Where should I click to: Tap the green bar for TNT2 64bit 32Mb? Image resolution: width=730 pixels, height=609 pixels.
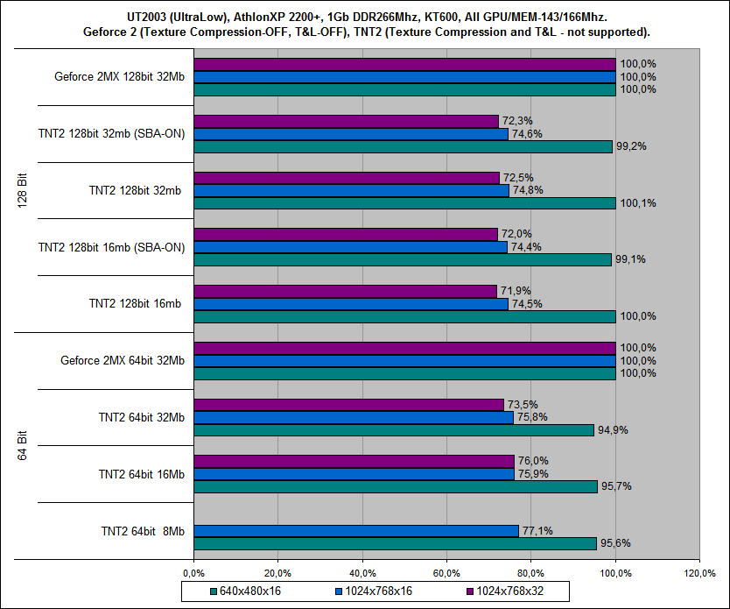tap(393, 430)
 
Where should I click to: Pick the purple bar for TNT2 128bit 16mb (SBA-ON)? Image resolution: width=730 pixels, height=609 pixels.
tap(345, 234)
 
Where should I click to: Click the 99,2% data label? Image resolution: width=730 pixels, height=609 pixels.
tap(630, 146)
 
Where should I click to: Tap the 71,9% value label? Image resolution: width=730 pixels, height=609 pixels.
tap(515, 291)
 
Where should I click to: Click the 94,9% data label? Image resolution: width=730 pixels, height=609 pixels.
tap(612, 430)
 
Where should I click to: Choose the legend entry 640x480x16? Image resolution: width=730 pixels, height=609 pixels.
tap(250, 591)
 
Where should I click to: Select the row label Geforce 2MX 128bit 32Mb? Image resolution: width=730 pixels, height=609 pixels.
tap(119, 76)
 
